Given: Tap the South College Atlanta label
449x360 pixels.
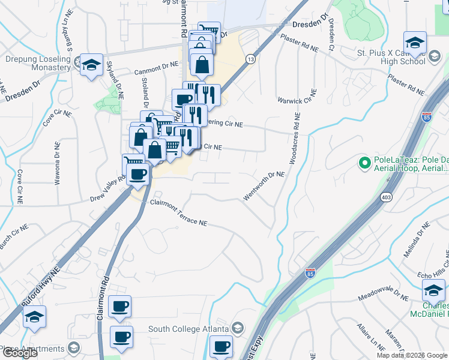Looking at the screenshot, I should pyautogui.click(x=188, y=329).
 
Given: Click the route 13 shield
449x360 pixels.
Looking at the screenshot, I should pyautogui.click(x=250, y=59).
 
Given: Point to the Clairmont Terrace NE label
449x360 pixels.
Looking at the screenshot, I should pyautogui.click(x=178, y=214).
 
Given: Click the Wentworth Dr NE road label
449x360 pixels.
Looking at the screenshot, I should pyautogui.click(x=264, y=186).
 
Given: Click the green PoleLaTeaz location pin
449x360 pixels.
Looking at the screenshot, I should pyautogui.click(x=363, y=162).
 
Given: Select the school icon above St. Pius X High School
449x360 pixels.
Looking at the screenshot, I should pyautogui.click(x=415, y=42).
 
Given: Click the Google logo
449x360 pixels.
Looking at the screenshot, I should pyautogui.click(x=20, y=353).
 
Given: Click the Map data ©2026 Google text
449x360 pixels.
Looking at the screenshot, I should pyautogui.click(x=411, y=355).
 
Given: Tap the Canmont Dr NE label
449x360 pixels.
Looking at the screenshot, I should pyautogui.click(x=157, y=71).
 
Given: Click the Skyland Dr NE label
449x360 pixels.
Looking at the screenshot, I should pyautogui.click(x=116, y=80).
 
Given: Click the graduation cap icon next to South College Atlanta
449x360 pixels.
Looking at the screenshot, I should pyautogui.click(x=238, y=328).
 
